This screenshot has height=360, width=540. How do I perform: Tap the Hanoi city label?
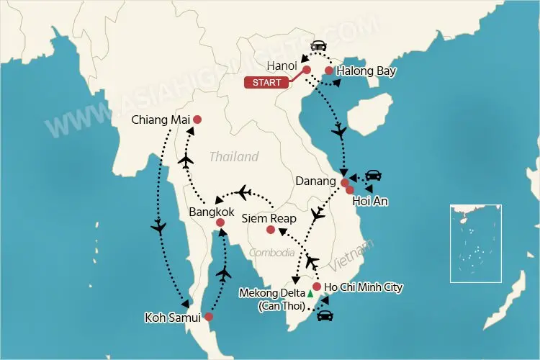280,66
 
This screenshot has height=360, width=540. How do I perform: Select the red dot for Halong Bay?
328,71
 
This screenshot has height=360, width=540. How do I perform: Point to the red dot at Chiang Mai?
197,120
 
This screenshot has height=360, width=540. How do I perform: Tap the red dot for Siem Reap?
270,230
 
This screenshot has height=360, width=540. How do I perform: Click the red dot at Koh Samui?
208,316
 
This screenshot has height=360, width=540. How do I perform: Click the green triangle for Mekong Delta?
310,294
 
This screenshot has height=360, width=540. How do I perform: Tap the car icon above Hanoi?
316,47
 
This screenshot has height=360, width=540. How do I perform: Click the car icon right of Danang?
373,175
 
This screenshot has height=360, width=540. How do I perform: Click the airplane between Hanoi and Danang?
339,132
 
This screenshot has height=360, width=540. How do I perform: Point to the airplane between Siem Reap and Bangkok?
244,192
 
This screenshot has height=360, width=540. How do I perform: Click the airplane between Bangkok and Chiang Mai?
187,160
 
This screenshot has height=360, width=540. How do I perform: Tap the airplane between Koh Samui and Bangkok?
225,273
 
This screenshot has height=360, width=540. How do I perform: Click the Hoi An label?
371,202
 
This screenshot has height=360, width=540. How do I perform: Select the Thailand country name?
234,157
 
